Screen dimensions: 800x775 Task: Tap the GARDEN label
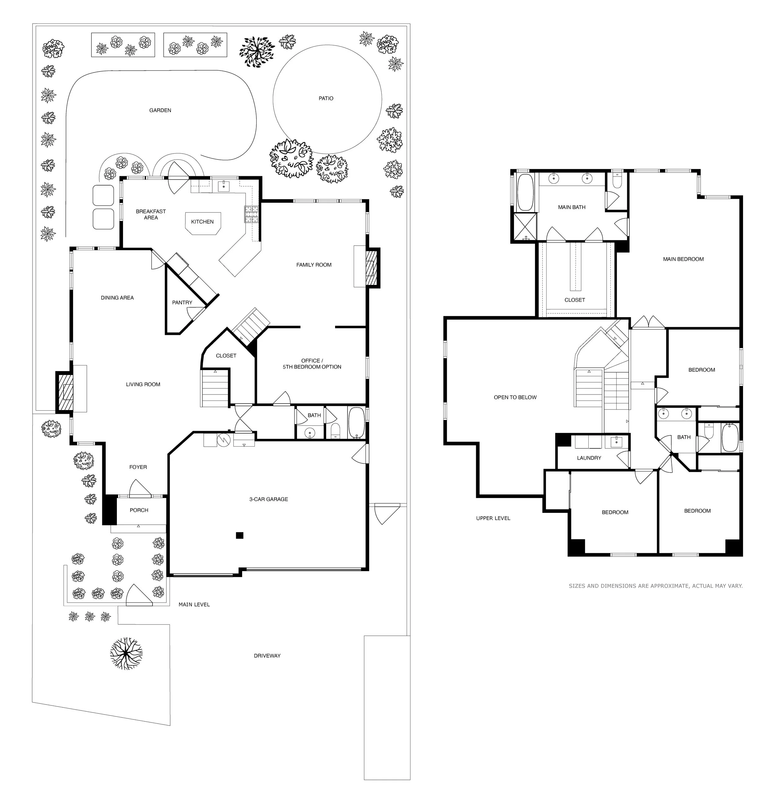pyautogui.click(x=160, y=110)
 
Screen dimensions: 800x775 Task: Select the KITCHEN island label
pyautogui.click(x=202, y=222)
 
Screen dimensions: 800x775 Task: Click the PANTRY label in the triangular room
pyautogui.click(x=182, y=303)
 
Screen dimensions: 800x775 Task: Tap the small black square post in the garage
pyautogui.click(x=240, y=535)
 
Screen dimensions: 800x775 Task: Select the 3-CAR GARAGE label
pyautogui.click(x=268, y=499)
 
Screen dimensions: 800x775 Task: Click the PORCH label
pyautogui.click(x=139, y=510)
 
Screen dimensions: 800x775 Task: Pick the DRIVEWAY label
pyautogui.click(x=267, y=655)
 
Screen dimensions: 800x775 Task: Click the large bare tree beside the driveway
pyautogui.click(x=126, y=653)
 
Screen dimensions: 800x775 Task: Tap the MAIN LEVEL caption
pyautogui.click(x=194, y=605)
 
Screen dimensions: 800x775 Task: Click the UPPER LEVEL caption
pyautogui.click(x=493, y=518)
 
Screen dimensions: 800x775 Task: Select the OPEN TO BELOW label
pyautogui.click(x=515, y=397)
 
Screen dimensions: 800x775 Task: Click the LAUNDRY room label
pyautogui.click(x=589, y=458)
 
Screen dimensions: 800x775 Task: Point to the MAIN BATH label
pyautogui.click(x=572, y=207)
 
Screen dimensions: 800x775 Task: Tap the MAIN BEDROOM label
pyautogui.click(x=683, y=259)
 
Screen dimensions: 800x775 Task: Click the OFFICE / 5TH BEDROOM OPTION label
pyautogui.click(x=312, y=364)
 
